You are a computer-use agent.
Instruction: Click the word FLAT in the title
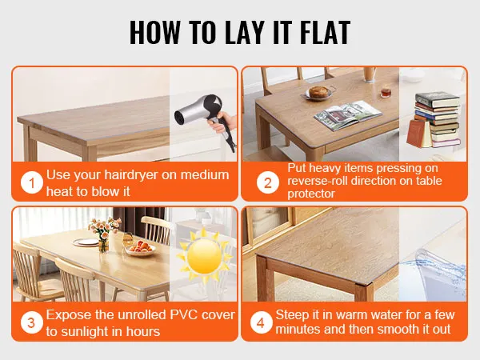pos(325,33)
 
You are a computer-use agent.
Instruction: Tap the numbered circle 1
pos(32,183)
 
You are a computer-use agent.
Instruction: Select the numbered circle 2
pos(268,183)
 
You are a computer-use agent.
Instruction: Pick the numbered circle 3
pos(32,322)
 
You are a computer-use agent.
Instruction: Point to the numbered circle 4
pos(261,322)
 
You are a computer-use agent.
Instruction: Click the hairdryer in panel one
pos(204,118)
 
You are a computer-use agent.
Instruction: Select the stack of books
pos(434,120)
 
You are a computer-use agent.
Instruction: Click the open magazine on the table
pos(348,114)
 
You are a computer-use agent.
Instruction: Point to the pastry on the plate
pos(319,91)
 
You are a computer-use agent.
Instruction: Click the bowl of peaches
pos(141,249)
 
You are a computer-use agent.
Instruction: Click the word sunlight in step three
pos(87,332)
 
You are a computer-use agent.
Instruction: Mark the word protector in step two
pos(311,194)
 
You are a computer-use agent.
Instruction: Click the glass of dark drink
pos(385,93)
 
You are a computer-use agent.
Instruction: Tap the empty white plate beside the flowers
pos(86,242)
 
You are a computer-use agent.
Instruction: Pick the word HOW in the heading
pos(155,33)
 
